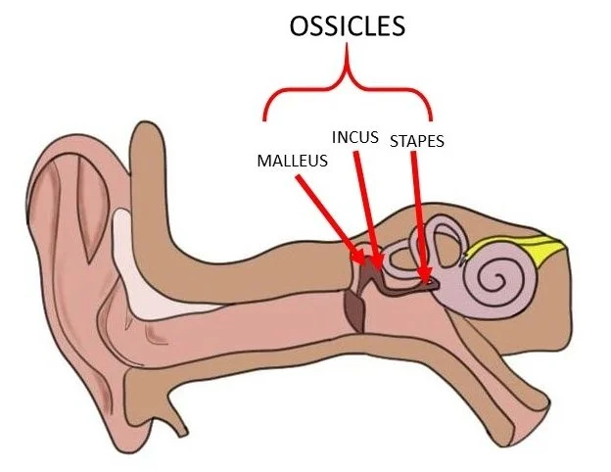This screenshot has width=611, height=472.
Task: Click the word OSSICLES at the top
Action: (x=347, y=26)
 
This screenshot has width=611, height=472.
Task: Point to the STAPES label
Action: (x=417, y=141)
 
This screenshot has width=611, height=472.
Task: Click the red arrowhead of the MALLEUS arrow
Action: (x=363, y=258)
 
